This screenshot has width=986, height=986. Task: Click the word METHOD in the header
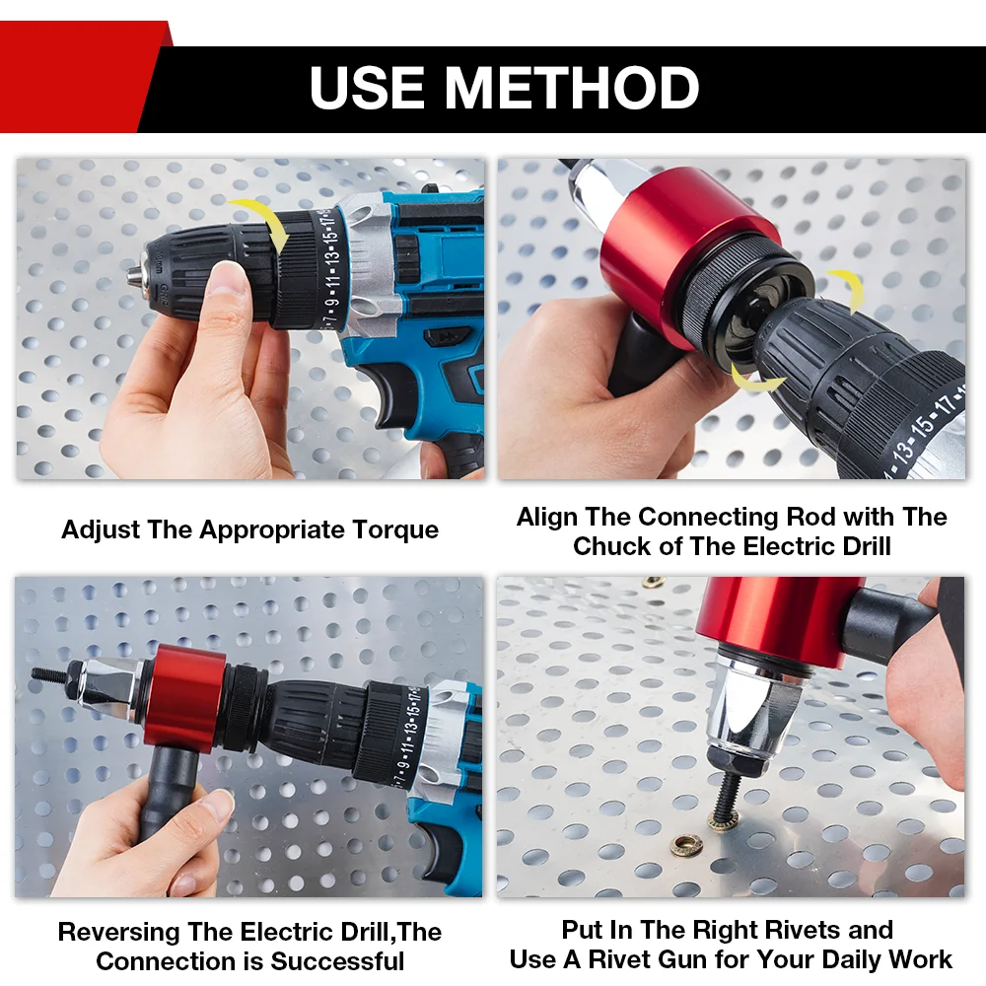click(572, 88)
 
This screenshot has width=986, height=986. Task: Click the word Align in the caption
click(548, 517)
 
